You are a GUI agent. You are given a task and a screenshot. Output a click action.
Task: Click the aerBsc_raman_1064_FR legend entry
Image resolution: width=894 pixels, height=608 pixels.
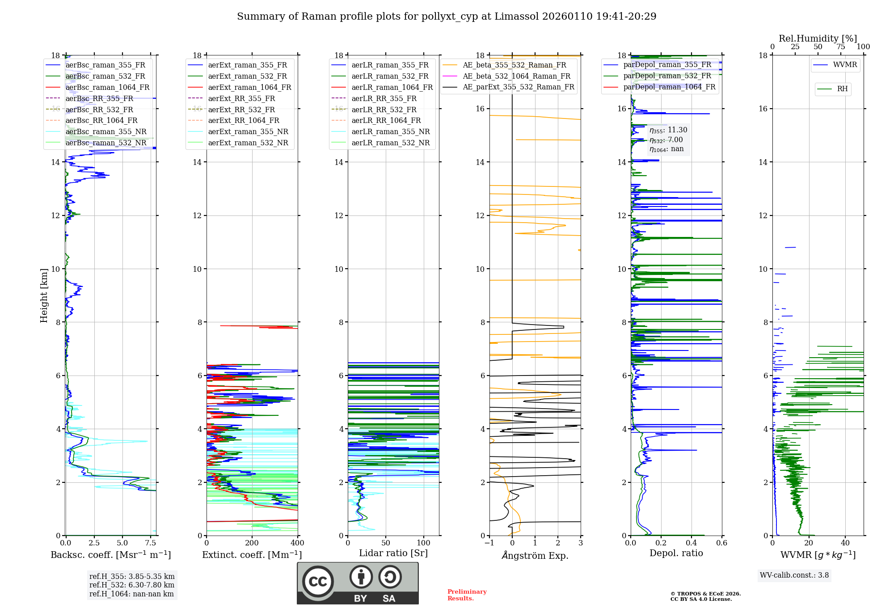click(x=107, y=87)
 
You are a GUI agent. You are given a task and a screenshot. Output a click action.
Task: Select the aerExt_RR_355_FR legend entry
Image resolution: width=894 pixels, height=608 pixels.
click(x=241, y=98)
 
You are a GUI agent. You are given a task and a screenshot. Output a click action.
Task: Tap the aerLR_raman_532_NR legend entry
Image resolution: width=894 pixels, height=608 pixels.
click(x=390, y=143)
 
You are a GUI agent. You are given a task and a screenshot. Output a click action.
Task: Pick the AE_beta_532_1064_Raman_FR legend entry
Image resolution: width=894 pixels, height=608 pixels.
click(x=516, y=76)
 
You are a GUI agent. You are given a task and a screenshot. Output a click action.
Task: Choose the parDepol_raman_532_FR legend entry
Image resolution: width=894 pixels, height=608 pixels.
click(x=667, y=76)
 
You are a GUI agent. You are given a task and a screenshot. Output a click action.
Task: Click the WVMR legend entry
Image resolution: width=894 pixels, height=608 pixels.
click(x=845, y=65)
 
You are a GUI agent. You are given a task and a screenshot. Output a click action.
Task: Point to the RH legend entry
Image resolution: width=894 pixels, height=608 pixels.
click(x=842, y=89)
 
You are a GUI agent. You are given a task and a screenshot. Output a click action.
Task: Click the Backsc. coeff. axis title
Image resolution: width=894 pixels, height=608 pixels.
click(x=111, y=555)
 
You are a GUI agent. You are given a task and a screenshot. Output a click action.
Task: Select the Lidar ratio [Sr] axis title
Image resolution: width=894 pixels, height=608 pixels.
click(x=393, y=553)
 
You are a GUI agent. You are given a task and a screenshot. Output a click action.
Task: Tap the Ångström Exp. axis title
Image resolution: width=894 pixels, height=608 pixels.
click(x=535, y=555)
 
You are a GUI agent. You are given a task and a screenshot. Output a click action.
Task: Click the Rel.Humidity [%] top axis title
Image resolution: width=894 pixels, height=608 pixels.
click(x=818, y=38)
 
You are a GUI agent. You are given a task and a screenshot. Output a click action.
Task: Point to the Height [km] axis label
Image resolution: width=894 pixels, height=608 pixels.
click(x=44, y=295)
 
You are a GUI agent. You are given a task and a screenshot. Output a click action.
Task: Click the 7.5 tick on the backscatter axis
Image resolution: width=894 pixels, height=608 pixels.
click(x=151, y=543)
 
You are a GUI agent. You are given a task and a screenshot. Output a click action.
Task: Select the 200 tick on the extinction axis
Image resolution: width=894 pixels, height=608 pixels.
click(x=252, y=543)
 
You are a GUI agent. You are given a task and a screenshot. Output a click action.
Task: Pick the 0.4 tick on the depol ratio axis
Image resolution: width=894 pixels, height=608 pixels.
click(x=692, y=543)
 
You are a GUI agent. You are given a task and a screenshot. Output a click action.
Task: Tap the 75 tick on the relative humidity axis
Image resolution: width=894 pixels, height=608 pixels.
click(x=841, y=47)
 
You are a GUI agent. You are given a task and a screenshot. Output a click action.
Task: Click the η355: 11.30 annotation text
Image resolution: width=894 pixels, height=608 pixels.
click(x=668, y=130)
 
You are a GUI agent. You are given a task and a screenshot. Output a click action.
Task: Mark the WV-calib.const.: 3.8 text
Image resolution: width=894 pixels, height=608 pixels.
click(x=794, y=575)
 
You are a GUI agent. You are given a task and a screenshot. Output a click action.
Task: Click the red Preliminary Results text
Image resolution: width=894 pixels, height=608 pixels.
click(x=467, y=595)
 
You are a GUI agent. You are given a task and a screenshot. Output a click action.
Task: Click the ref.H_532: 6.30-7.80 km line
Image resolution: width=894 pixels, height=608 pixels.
click(x=132, y=585)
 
